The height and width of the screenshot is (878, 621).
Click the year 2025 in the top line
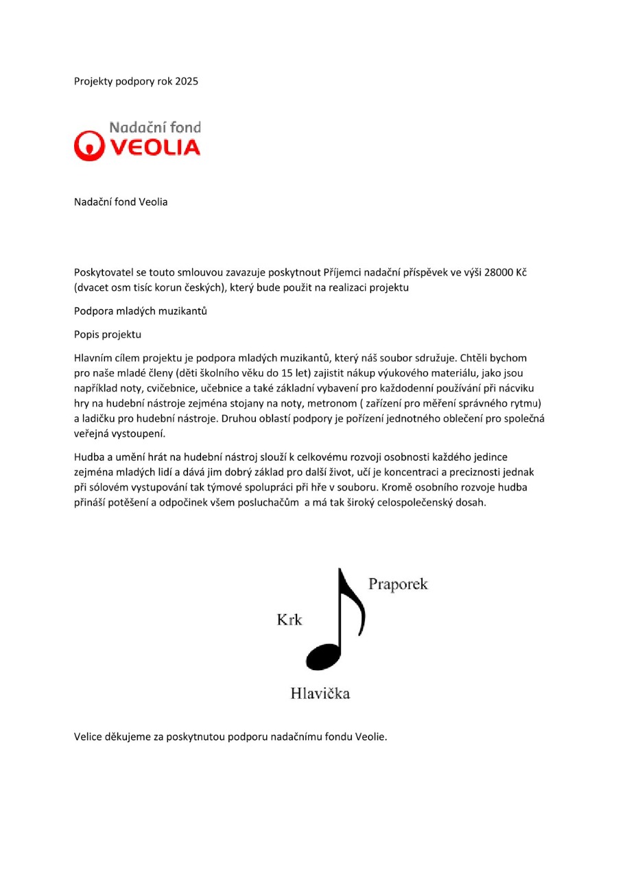[x=187, y=82]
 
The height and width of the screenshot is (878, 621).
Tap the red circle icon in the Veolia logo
[x=87, y=146]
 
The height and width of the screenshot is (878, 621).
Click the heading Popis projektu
[x=107, y=335]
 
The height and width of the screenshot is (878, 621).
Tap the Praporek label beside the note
[x=398, y=584]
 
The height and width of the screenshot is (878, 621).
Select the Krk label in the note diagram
[x=289, y=620]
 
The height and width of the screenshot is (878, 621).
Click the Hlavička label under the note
[x=320, y=693]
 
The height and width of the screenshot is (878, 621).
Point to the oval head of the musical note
[x=323, y=657]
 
